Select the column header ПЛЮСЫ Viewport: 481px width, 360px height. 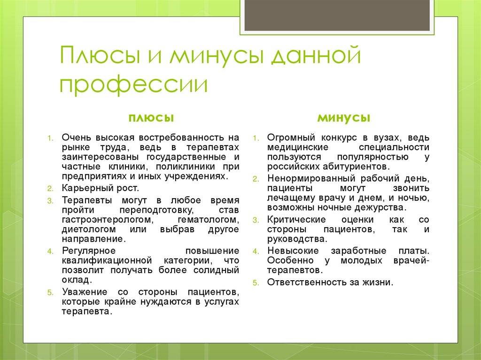pyautogui.click(x=150, y=117)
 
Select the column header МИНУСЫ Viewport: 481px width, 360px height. pyautogui.click(x=343, y=117)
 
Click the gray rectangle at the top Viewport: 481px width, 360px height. pyautogui.click(x=337, y=15)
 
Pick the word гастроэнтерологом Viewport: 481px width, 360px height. pyautogui.click(x=106, y=219)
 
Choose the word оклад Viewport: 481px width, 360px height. pyautogui.click(x=75, y=280)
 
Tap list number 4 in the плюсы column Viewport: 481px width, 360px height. pyautogui.click(x=50, y=251)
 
